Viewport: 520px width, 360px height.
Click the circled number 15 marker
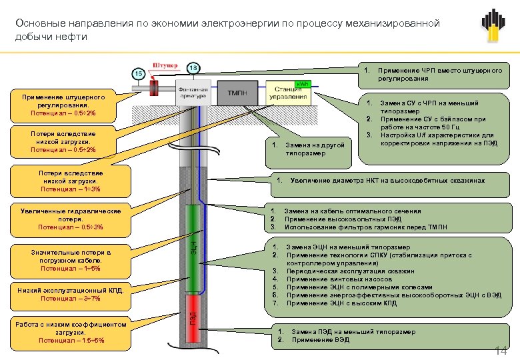click(139, 73)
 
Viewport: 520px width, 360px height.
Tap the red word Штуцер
click(165, 65)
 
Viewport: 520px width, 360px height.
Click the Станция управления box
click(288, 93)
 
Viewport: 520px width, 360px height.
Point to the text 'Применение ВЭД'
click(320, 340)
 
